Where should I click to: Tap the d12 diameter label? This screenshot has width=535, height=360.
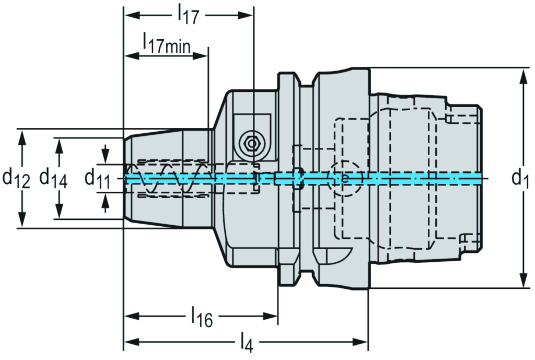click(x=15, y=178)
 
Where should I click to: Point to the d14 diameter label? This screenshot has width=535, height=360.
click(x=53, y=178)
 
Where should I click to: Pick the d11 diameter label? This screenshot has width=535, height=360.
click(x=97, y=178)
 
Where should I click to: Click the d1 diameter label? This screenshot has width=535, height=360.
click(x=520, y=179)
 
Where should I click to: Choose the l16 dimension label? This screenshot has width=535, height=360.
click(x=202, y=317)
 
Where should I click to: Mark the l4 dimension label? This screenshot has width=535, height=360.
click(x=247, y=343)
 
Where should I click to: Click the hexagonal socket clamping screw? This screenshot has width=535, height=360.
click(x=251, y=142)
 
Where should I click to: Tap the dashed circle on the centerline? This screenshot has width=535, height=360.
click(x=345, y=178)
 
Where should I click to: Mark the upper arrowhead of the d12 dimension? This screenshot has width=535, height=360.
click(x=22, y=136)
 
